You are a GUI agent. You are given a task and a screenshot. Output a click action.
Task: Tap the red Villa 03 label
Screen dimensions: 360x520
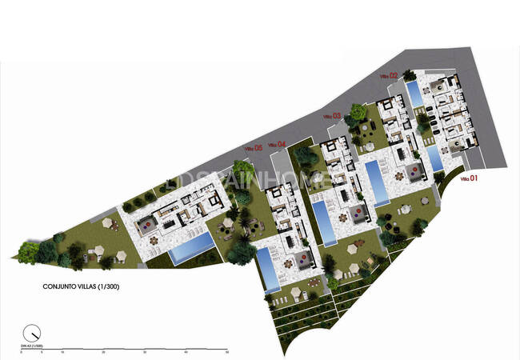pyautogui.click(x=332, y=116)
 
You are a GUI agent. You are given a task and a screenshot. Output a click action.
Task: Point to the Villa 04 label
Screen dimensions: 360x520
pyautogui.click(x=277, y=143)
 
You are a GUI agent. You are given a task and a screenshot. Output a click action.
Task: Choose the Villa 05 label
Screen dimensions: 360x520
pyautogui.click(x=254, y=147)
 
